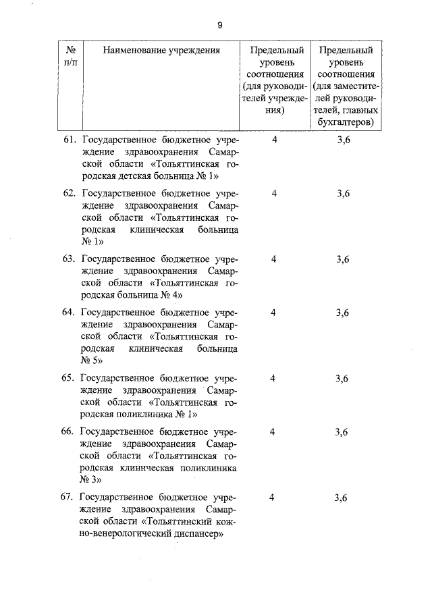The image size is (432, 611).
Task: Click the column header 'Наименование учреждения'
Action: click(161, 50)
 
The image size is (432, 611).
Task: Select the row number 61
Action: click(68, 140)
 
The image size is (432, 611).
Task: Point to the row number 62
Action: click(68, 193)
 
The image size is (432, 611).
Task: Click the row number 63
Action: click(68, 259)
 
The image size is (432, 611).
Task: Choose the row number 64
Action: click(68, 312)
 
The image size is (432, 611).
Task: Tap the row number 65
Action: click(68, 378)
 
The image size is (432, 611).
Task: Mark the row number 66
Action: click(68, 431)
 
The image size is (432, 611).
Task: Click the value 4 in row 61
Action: click(273, 140)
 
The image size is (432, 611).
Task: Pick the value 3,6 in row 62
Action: click(343, 193)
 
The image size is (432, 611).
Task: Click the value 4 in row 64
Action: click(273, 312)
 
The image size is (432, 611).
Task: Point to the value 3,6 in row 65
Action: click(342, 378)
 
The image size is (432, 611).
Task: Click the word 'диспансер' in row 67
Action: click(200, 533)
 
